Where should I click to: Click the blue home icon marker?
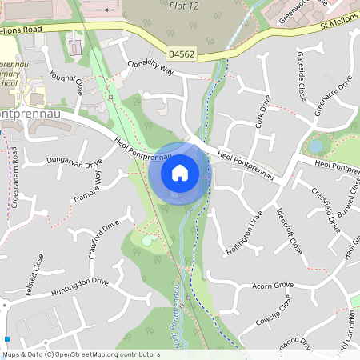tap(180, 173)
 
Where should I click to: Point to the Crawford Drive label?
tap(103, 238)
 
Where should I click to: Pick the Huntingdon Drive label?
tap(78, 282)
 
